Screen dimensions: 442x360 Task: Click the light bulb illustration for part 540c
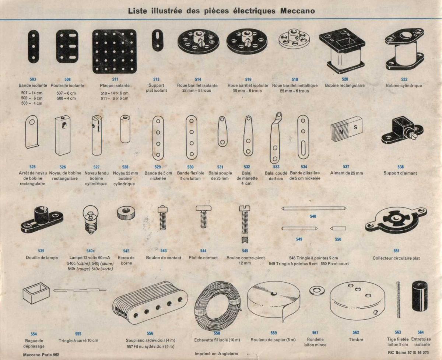pyautogui.click(x=91, y=219)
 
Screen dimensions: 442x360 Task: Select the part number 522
pyautogui.click(x=404, y=79)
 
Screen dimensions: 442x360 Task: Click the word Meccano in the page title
pyautogui.click(x=297, y=11)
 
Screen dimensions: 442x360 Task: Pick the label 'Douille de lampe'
pyautogui.click(x=42, y=258)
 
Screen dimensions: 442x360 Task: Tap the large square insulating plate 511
pyautogui.click(x=114, y=52)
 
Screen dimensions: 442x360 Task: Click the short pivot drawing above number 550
pyautogui.click(x=338, y=228)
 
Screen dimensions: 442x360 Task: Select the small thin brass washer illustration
pyautogui.click(x=316, y=291)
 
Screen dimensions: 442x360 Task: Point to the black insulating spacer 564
pyautogui.click(x=420, y=297)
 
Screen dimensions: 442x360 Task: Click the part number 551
pyautogui.click(x=396, y=251)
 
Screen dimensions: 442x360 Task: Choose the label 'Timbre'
pyautogui.click(x=356, y=340)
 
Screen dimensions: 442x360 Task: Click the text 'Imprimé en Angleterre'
pyautogui.click(x=216, y=354)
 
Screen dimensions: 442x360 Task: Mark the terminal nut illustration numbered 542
pyautogui.click(x=126, y=213)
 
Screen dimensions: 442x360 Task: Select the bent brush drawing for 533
pyautogui.click(x=276, y=138)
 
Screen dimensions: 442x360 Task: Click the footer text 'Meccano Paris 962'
pyautogui.click(x=41, y=354)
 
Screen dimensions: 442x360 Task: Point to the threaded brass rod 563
pyautogui.click(x=398, y=300)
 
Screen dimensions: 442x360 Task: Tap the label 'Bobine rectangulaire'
pyautogui.click(x=345, y=85)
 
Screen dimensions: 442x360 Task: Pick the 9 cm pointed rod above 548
pyautogui.click(x=314, y=208)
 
